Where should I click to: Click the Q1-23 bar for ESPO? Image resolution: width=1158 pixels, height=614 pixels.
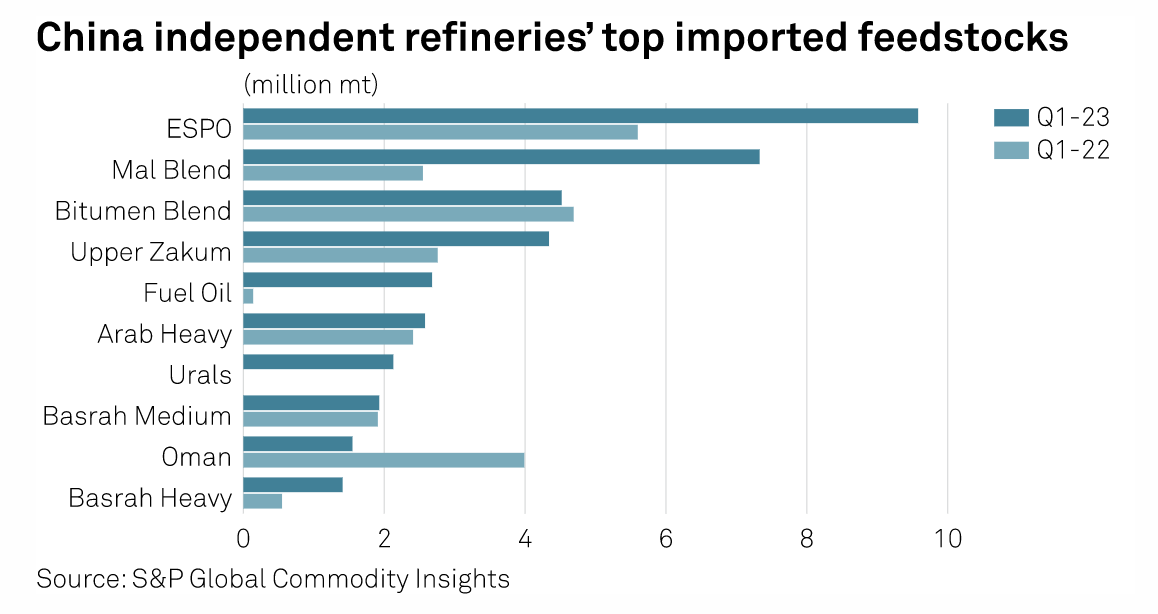pyautogui.click(x=580, y=116)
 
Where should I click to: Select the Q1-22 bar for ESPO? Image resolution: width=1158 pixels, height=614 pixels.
pyautogui.click(x=440, y=132)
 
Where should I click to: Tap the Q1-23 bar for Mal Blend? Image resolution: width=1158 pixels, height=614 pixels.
pyautogui.click(x=501, y=157)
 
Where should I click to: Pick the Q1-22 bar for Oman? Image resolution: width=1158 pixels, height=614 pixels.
pyautogui.click(x=383, y=460)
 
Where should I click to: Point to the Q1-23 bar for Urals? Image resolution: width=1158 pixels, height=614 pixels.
pyautogui.click(x=318, y=362)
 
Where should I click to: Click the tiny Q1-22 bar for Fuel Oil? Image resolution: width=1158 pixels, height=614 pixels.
pyautogui.click(x=248, y=296)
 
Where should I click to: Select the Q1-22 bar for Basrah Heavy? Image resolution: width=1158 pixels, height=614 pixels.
pyautogui.click(x=262, y=501)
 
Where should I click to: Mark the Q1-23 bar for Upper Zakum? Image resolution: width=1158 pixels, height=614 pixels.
pyautogui.click(x=396, y=239)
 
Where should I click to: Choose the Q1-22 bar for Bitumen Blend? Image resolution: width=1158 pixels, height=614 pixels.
pyautogui.click(x=408, y=214)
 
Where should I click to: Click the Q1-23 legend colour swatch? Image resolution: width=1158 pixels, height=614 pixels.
pyautogui.click(x=1011, y=119)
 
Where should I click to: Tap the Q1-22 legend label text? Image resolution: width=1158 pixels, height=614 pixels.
pyautogui.click(x=1074, y=151)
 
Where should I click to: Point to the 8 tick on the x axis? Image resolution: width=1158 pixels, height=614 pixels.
pyautogui.click(x=806, y=539)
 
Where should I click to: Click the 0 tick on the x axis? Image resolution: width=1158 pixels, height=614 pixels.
pyautogui.click(x=243, y=539)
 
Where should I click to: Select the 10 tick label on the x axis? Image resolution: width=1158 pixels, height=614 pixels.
pyautogui.click(x=947, y=539)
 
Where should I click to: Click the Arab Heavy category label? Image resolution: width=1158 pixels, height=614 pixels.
pyautogui.click(x=165, y=334)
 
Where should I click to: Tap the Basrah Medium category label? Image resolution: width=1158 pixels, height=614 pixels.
pyautogui.click(x=137, y=416)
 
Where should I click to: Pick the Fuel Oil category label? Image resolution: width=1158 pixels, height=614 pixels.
pyautogui.click(x=188, y=293)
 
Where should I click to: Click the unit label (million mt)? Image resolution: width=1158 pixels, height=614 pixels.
pyautogui.click(x=311, y=85)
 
